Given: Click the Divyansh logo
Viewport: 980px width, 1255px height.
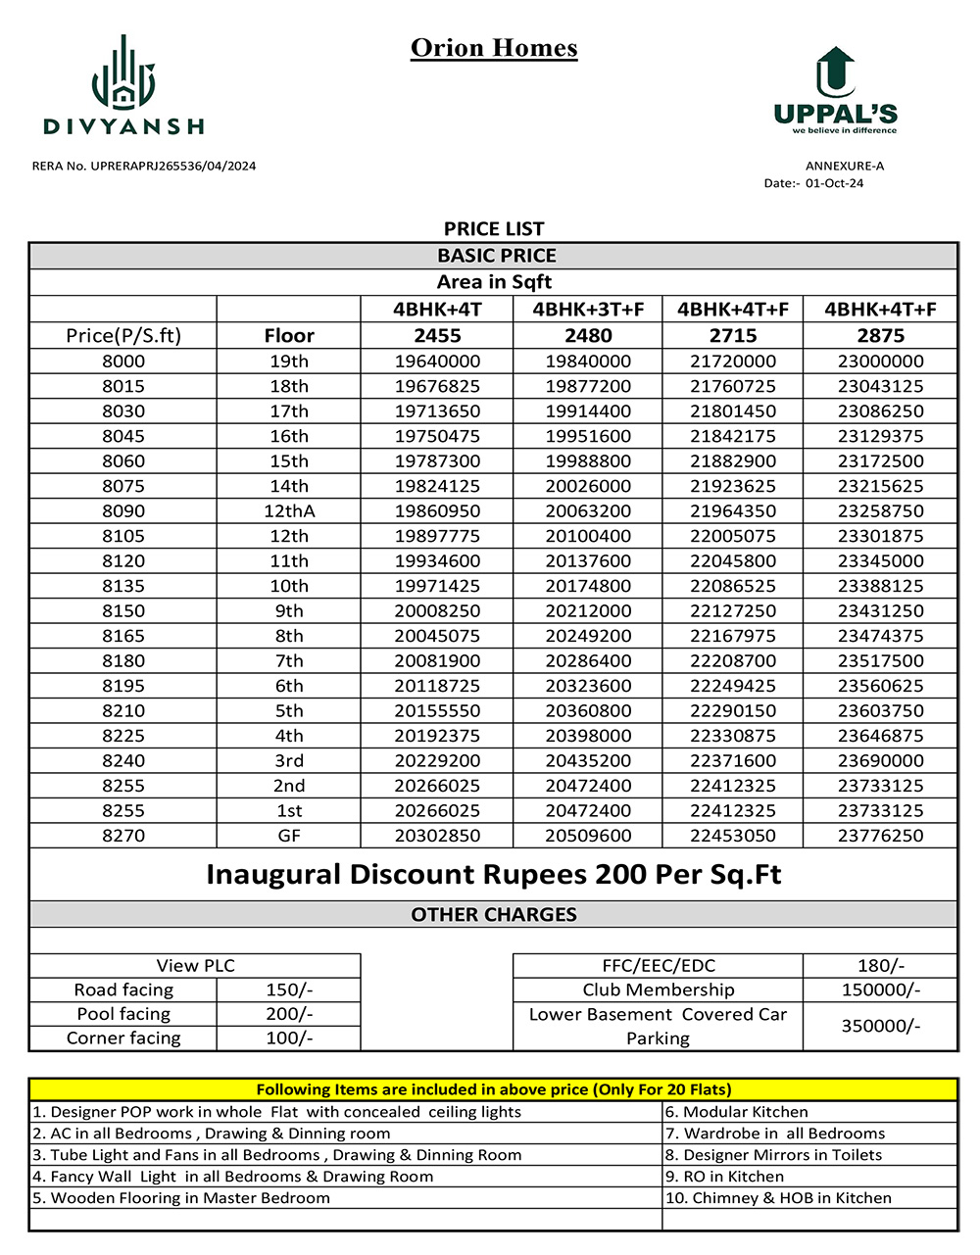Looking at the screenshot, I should pyautogui.click(x=123, y=85).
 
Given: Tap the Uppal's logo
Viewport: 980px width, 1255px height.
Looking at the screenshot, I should pyautogui.click(x=835, y=90).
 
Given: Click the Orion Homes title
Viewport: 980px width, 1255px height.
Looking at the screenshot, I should pyautogui.click(x=494, y=48).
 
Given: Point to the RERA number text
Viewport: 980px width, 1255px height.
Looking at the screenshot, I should pyautogui.click(x=144, y=166).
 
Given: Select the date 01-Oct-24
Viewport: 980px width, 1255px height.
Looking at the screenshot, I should pyautogui.click(x=834, y=183).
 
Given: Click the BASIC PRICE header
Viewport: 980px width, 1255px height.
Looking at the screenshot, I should pyautogui.click(x=496, y=256).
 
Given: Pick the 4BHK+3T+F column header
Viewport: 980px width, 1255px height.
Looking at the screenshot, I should pyautogui.click(x=588, y=310).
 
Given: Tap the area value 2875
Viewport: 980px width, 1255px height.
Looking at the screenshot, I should pyautogui.click(x=880, y=335).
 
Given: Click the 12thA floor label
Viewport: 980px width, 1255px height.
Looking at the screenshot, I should pyautogui.click(x=289, y=511).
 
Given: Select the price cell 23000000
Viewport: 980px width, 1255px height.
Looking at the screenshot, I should pyautogui.click(x=880, y=362).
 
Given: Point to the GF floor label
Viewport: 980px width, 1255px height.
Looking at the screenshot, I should pyautogui.click(x=289, y=836).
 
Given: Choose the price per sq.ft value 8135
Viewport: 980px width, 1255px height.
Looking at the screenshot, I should pyautogui.click(x=123, y=586).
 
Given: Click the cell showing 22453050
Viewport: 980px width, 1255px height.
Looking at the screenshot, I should pyautogui.click(x=733, y=836).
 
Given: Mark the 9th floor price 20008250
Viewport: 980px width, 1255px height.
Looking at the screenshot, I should pyautogui.click(x=437, y=611).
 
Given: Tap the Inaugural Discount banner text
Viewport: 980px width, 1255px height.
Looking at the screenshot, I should pyautogui.click(x=494, y=874).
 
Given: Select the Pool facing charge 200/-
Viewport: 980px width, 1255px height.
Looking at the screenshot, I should pyautogui.click(x=289, y=1014).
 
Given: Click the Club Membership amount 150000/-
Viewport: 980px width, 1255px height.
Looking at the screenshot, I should pyautogui.click(x=880, y=990).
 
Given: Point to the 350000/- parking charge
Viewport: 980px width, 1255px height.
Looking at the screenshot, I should pyautogui.click(x=880, y=1026).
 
